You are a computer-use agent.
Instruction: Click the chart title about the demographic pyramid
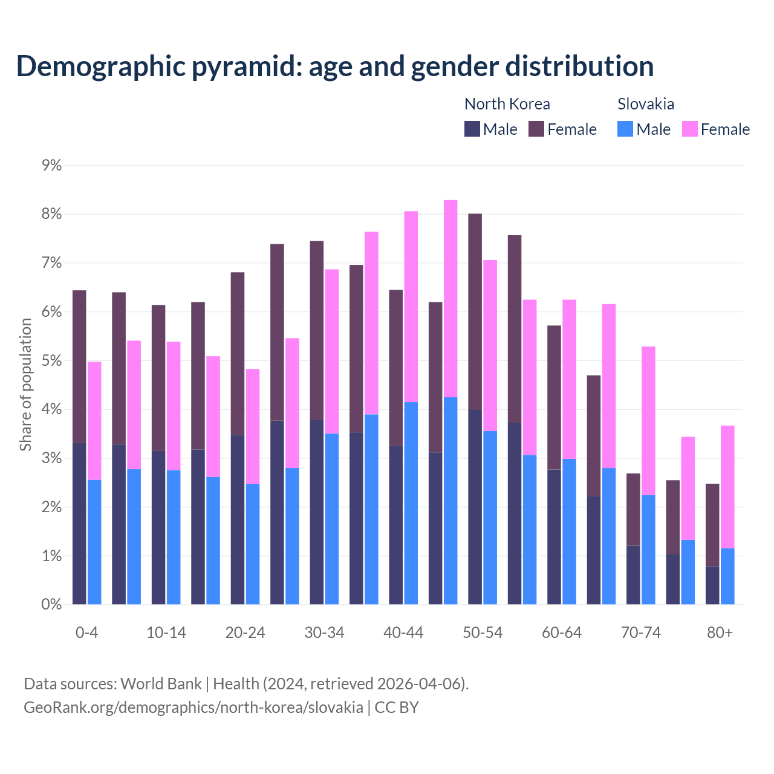334,67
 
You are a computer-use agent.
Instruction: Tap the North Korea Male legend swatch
472,129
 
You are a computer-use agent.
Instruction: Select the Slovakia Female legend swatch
689,129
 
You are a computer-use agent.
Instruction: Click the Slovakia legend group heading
645,104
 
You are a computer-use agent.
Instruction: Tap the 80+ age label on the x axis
720,633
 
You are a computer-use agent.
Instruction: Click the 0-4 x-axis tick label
86,633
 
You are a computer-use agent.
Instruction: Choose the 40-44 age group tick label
403,633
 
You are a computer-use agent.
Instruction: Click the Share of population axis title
26,385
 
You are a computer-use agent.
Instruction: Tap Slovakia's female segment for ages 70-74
648,421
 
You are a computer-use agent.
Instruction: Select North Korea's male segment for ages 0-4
79,524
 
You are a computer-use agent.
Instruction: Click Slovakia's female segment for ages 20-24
253,426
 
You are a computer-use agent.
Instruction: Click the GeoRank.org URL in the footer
193,707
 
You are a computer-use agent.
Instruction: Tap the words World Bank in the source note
161,683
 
